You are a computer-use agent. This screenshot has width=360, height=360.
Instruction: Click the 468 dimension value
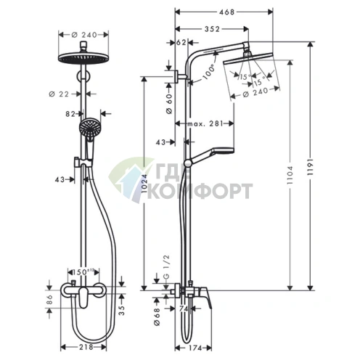point(226,12)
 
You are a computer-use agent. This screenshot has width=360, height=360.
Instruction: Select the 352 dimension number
point(212,29)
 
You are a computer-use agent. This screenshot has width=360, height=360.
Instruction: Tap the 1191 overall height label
point(311,167)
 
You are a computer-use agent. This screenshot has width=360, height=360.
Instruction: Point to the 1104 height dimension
point(290,175)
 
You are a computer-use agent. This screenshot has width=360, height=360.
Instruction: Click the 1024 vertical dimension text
point(144,184)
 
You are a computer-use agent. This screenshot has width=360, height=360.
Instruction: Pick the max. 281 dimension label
point(205,123)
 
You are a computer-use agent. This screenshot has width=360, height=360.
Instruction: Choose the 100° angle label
point(208,72)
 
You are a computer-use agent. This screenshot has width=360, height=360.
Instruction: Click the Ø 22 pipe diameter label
point(59,94)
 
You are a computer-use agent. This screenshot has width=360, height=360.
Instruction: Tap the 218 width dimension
point(86,347)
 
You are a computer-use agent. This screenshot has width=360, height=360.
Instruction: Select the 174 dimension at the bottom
point(195,348)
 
